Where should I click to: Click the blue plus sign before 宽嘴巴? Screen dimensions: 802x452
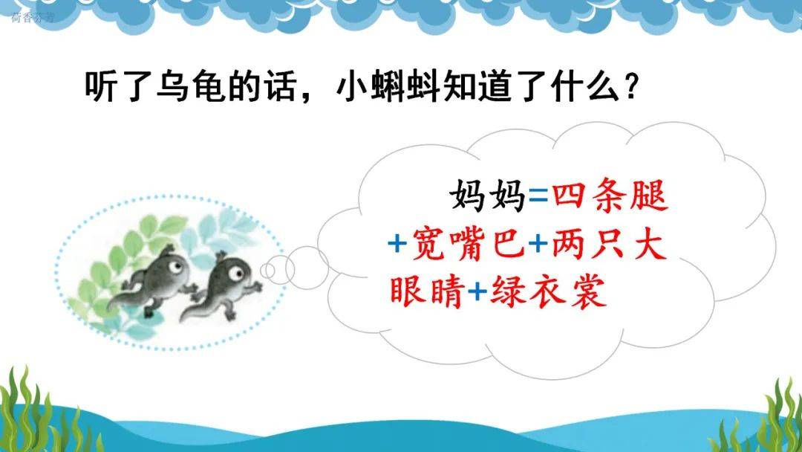[x=397, y=244]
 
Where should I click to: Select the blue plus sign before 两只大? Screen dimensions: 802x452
[x=538, y=244]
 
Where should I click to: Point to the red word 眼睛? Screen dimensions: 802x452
[x=426, y=291]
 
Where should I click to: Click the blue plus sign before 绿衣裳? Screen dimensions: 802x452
[x=477, y=291]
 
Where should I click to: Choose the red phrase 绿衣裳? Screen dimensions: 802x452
[x=548, y=291]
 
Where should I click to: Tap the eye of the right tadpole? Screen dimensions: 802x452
[x=236, y=274]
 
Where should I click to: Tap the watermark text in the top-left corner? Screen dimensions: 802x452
[x=32, y=17]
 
